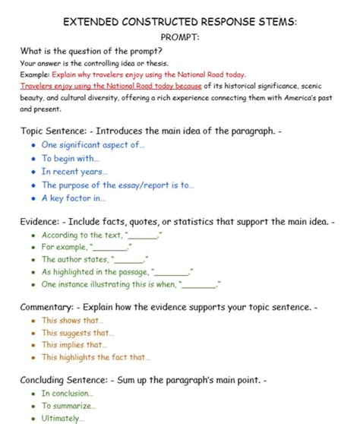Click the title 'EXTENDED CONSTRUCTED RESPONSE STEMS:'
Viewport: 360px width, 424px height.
click(180, 22)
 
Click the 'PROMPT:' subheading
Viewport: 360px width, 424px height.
click(180, 36)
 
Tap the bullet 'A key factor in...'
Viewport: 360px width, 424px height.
click(74, 198)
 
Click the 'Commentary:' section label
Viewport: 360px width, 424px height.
click(50, 307)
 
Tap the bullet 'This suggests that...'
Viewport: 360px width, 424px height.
click(78, 333)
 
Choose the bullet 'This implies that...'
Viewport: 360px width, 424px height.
click(74, 345)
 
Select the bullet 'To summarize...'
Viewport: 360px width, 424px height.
click(68, 406)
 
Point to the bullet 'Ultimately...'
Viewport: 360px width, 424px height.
click(63, 418)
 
